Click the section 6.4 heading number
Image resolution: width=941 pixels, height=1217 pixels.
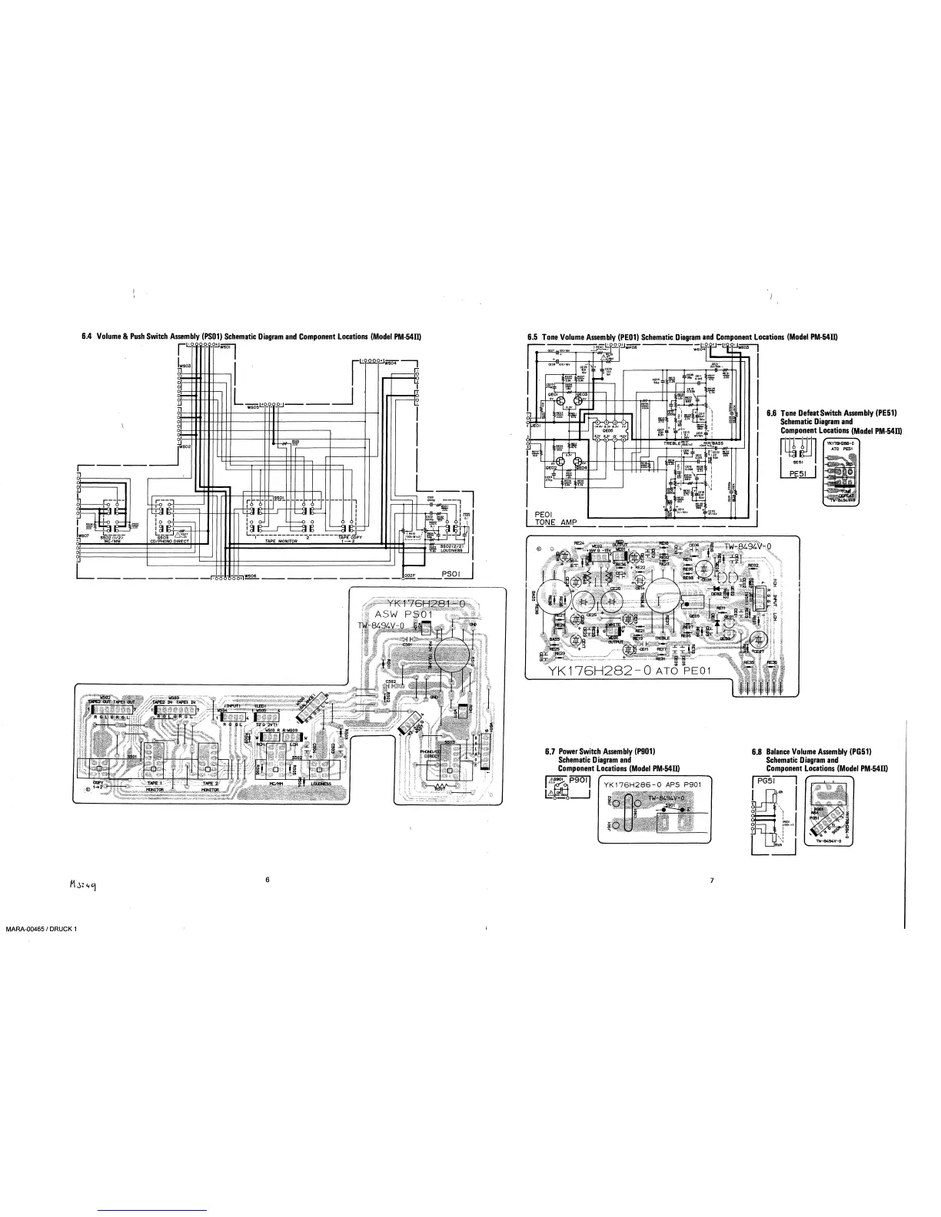tap(86, 337)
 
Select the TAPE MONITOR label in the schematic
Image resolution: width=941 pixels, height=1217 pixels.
tap(281, 541)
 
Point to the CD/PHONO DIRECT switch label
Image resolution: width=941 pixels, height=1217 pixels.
tap(168, 541)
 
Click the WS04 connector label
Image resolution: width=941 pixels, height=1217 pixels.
tap(391, 362)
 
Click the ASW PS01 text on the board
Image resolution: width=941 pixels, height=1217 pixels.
tap(404, 615)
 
